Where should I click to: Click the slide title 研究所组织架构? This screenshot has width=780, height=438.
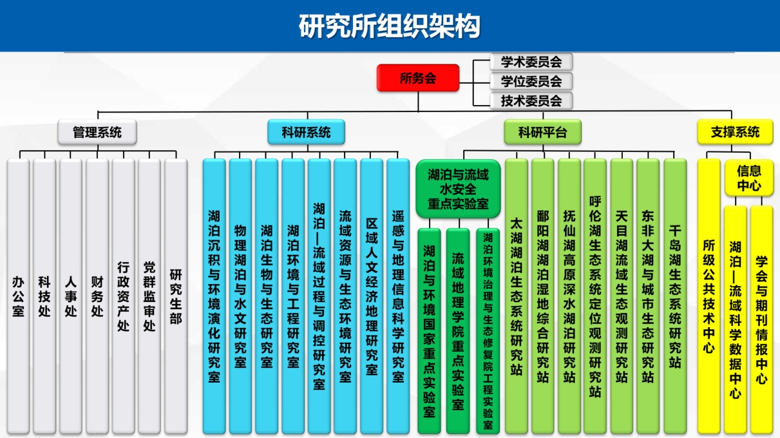(x=389, y=26)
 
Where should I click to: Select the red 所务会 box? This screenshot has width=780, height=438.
(x=418, y=78)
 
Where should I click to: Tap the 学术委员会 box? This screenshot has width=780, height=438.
(x=531, y=62)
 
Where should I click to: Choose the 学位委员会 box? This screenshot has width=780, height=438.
(x=531, y=81)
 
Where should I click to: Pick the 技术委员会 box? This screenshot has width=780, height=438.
(x=531, y=100)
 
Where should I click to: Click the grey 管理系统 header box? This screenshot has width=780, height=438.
(x=97, y=132)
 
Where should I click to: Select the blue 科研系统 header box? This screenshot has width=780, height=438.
(x=306, y=132)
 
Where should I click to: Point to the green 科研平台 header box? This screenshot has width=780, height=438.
(x=542, y=132)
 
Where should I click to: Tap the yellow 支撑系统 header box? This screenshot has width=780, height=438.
(x=735, y=132)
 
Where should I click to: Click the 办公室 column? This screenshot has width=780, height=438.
(x=18, y=296)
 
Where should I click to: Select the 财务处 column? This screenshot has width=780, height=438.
(x=97, y=296)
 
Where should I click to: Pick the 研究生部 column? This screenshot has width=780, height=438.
(x=176, y=296)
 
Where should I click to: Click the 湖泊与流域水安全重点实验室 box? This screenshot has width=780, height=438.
(x=458, y=189)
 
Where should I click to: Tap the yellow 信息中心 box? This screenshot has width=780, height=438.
(x=749, y=178)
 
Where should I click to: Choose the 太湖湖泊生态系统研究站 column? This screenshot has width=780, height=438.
(x=517, y=296)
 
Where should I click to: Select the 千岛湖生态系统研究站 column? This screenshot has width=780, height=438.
(x=675, y=296)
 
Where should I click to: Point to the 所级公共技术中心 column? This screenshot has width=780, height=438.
(x=709, y=296)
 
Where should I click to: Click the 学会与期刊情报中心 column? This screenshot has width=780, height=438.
(x=761, y=319)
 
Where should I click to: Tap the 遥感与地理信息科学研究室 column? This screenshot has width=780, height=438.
(x=398, y=296)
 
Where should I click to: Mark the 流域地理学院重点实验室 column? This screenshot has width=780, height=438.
(x=458, y=331)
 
